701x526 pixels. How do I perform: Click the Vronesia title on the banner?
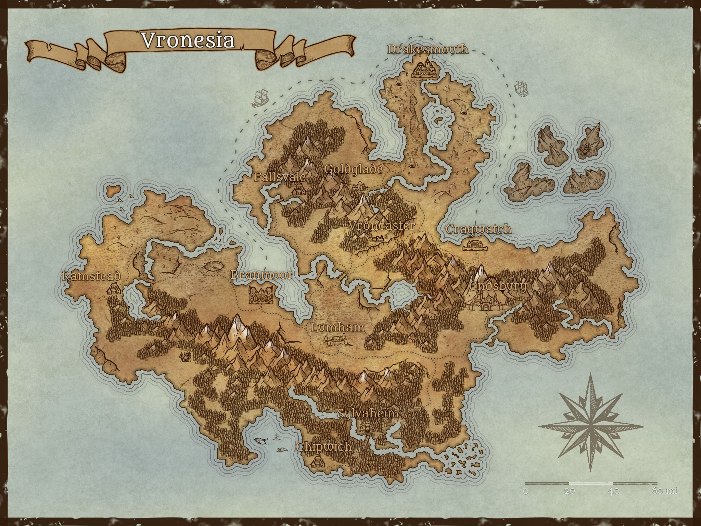[x=188, y=40]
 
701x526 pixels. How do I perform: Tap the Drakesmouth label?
[x=428, y=49]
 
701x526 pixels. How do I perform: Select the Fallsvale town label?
[x=280, y=177]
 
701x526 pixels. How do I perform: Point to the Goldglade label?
[x=353, y=169]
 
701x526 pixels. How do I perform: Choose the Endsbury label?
[x=498, y=286]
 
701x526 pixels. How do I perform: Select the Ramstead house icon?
[x=114, y=289]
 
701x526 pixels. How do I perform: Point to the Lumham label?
[x=337, y=327]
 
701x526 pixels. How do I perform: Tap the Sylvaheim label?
[x=368, y=413]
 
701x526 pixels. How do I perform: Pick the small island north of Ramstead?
[x=113, y=190]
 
